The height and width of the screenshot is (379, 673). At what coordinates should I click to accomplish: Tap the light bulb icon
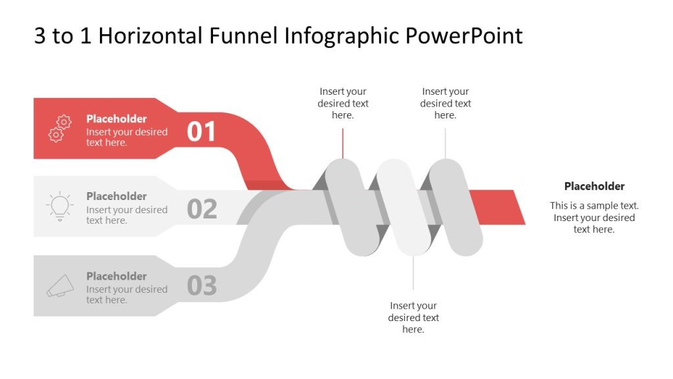point(60,206)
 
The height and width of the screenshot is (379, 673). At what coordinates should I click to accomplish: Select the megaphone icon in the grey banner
point(60,285)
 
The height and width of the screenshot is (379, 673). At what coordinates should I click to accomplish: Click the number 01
point(201,132)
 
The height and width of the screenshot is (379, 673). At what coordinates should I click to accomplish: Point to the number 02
point(201,209)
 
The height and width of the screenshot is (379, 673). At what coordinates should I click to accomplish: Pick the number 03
point(201,286)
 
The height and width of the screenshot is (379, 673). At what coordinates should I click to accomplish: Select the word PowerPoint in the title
point(463,36)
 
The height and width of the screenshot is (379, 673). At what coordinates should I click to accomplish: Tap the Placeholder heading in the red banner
point(116,119)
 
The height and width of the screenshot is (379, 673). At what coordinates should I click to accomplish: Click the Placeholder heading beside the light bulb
point(116,196)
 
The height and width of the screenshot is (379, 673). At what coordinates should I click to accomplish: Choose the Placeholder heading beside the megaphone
point(116,276)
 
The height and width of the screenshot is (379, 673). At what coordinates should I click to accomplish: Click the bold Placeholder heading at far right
point(594,186)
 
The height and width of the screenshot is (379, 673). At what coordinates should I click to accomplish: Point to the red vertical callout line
point(342,143)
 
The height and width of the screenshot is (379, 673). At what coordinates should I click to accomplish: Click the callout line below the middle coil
point(413,273)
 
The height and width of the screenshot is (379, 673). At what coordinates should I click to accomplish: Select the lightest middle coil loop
point(404,207)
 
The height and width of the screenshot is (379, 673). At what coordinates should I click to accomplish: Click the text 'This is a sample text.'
point(594,206)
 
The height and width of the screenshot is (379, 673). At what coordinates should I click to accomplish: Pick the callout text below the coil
point(413,317)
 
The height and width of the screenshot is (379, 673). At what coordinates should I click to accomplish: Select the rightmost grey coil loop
point(455,207)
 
